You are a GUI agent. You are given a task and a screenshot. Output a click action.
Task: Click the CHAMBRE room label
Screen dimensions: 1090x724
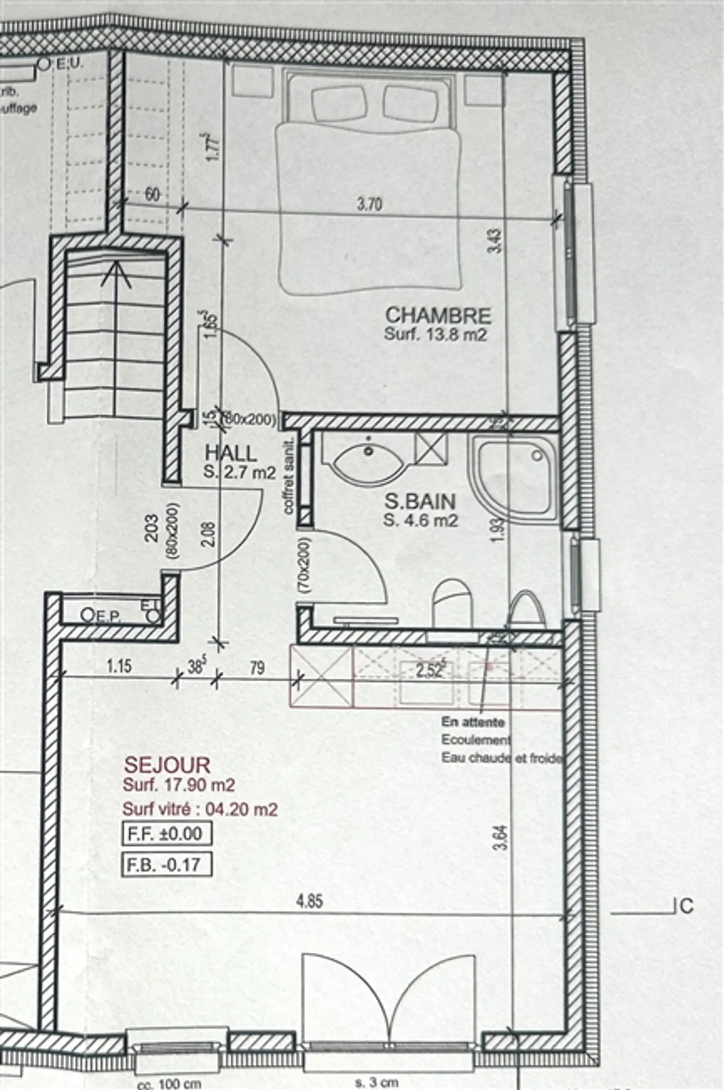(438, 315)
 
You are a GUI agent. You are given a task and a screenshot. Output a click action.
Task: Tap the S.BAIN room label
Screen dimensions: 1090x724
(420, 501)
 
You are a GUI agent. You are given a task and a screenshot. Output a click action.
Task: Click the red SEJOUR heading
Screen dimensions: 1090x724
(167, 765)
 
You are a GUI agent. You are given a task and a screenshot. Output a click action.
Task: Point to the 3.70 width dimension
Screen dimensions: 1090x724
(370, 204)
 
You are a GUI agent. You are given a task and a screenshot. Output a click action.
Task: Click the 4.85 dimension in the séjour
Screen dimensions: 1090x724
(309, 901)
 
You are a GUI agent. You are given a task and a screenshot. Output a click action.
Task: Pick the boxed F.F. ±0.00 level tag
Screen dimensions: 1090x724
(166, 833)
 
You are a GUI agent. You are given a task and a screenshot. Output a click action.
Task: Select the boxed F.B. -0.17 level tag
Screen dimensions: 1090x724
(166, 865)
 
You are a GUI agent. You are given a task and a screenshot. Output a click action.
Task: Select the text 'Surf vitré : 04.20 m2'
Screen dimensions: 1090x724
(200, 809)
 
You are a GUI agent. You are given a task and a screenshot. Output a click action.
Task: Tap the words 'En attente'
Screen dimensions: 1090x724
(473, 722)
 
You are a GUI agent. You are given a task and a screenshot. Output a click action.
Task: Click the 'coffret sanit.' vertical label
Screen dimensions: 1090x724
(289, 475)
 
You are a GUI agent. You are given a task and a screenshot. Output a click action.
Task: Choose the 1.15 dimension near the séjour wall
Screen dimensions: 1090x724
(119, 666)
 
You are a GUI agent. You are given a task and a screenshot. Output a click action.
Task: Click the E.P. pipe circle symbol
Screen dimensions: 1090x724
(87, 614)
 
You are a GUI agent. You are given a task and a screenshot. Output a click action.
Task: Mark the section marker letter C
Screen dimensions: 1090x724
(686, 906)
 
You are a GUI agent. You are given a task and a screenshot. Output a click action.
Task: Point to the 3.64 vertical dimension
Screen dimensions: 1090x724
(502, 838)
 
